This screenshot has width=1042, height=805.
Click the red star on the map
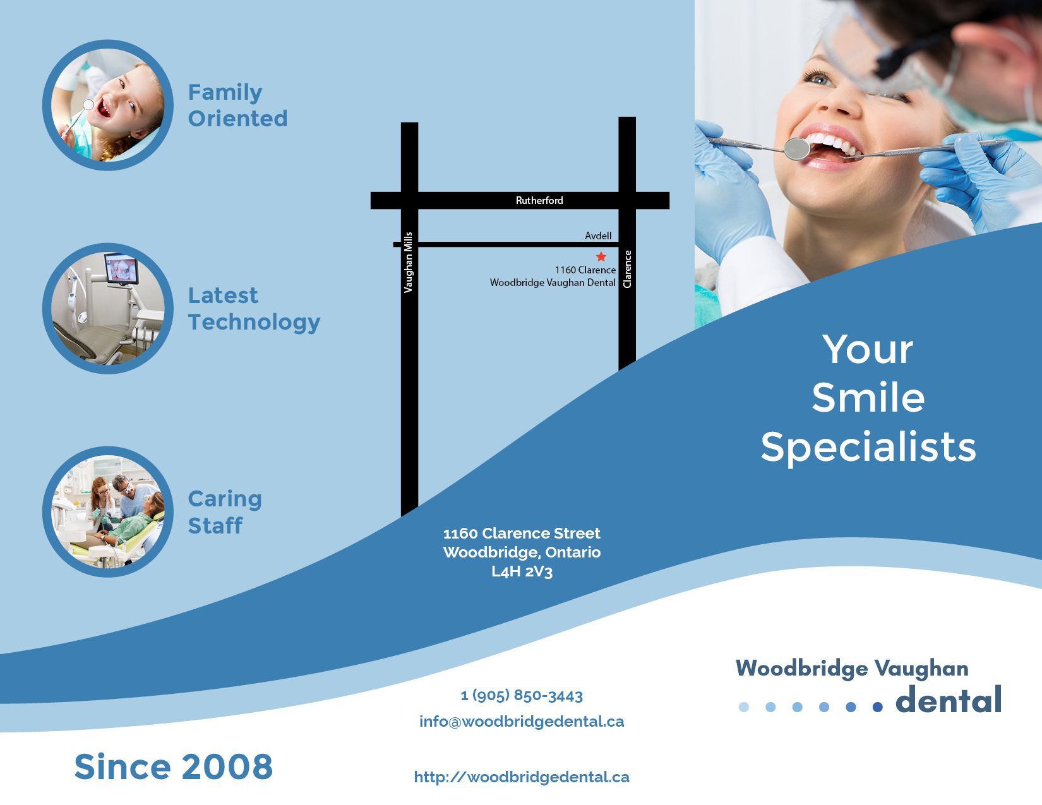601,256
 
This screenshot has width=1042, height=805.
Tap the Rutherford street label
539,201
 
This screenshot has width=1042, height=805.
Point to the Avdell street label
598,236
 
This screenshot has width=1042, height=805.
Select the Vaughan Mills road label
409,262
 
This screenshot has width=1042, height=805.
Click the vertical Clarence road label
627,269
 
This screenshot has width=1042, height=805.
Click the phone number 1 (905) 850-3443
522,695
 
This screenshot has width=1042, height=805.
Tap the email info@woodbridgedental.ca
522,722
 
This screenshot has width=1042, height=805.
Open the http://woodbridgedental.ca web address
522,777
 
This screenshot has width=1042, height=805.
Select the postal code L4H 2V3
522,572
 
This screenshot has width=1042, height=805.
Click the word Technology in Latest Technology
254,322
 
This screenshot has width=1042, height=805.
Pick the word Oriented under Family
237,119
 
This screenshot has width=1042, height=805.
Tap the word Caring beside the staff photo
225,499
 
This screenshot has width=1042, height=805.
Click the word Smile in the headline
868,398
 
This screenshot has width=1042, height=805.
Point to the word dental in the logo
949,700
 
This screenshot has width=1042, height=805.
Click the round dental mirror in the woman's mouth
797,148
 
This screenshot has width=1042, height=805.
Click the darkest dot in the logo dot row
877,707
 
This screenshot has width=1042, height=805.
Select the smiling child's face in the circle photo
123,101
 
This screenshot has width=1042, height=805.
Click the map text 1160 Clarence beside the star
585,270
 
